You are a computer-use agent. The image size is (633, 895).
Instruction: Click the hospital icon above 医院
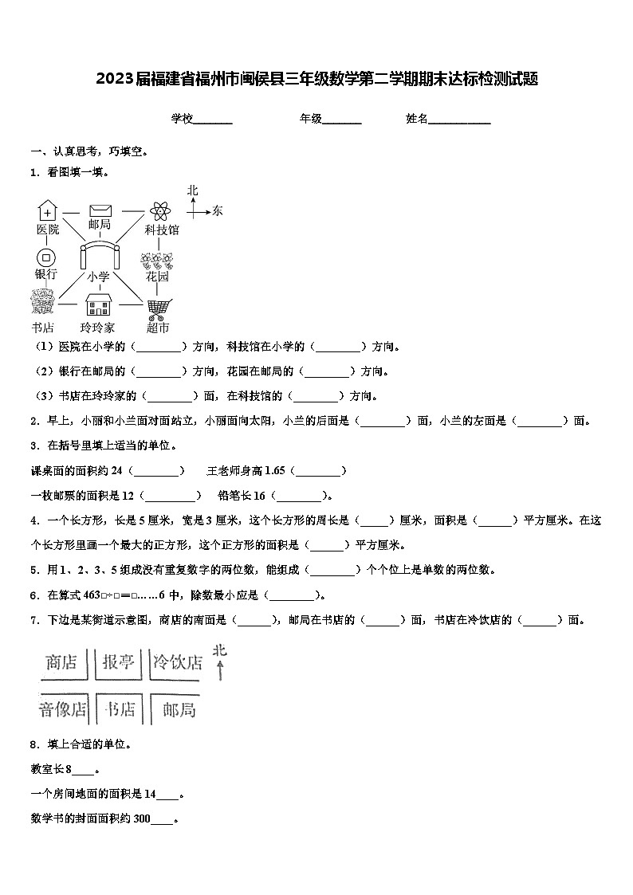[x=48, y=211]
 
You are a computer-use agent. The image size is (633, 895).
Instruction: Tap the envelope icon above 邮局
[x=100, y=210]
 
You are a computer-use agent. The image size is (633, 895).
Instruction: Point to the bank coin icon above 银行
[x=46, y=257]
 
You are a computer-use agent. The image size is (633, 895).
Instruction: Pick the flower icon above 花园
[x=157, y=261]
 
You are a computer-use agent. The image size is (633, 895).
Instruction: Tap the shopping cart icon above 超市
[x=158, y=308]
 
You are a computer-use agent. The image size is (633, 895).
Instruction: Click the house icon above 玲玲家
[x=98, y=304]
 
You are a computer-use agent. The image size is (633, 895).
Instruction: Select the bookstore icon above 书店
[x=41, y=303]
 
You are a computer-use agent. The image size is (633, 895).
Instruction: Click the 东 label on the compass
[x=218, y=211]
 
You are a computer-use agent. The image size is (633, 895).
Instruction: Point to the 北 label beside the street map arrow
[x=219, y=650]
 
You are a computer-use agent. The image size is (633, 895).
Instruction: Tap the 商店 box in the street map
[x=62, y=663]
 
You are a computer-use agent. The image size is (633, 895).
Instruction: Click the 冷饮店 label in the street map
[x=178, y=663]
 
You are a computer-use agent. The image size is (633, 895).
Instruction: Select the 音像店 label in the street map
[x=63, y=709]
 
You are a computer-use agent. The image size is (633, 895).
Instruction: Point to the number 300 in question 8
[x=142, y=818]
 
